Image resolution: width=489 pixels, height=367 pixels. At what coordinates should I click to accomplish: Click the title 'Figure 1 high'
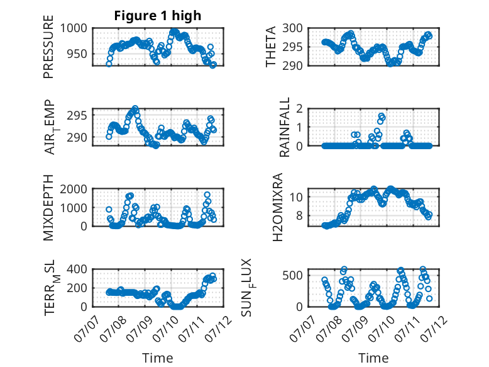point(158,16)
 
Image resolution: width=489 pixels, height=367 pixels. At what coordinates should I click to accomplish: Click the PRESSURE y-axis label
point(48,47)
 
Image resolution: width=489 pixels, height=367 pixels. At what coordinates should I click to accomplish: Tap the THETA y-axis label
point(271,47)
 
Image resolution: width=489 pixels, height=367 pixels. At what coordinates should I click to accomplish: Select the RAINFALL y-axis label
point(285,127)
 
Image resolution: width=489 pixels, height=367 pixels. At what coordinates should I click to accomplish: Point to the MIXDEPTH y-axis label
point(48,208)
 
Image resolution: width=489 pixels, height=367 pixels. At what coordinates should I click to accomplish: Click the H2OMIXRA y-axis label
point(277,207)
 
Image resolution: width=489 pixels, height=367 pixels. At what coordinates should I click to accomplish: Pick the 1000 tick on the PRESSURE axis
point(74,28)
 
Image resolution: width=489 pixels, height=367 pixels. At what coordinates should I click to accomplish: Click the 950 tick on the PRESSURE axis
point(77,54)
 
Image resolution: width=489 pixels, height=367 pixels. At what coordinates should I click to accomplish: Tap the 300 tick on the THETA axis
point(292,28)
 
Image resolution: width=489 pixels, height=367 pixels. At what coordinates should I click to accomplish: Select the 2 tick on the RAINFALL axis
point(300,108)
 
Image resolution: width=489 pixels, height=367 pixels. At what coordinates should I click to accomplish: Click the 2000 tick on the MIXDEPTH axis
point(74,189)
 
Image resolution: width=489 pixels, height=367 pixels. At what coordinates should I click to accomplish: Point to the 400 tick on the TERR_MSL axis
point(77,269)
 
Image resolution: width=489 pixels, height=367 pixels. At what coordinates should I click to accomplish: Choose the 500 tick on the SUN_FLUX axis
point(292,275)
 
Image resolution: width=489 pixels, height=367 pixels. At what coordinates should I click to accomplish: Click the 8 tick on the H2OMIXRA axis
point(300,215)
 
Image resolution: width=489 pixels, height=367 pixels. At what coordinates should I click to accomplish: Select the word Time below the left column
point(158,358)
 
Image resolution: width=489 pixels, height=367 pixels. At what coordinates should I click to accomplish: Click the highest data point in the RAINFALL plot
point(381,116)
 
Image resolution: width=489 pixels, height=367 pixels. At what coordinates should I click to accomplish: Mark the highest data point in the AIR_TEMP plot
point(135,108)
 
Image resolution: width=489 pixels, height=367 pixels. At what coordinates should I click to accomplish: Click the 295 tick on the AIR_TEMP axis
point(77,116)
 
